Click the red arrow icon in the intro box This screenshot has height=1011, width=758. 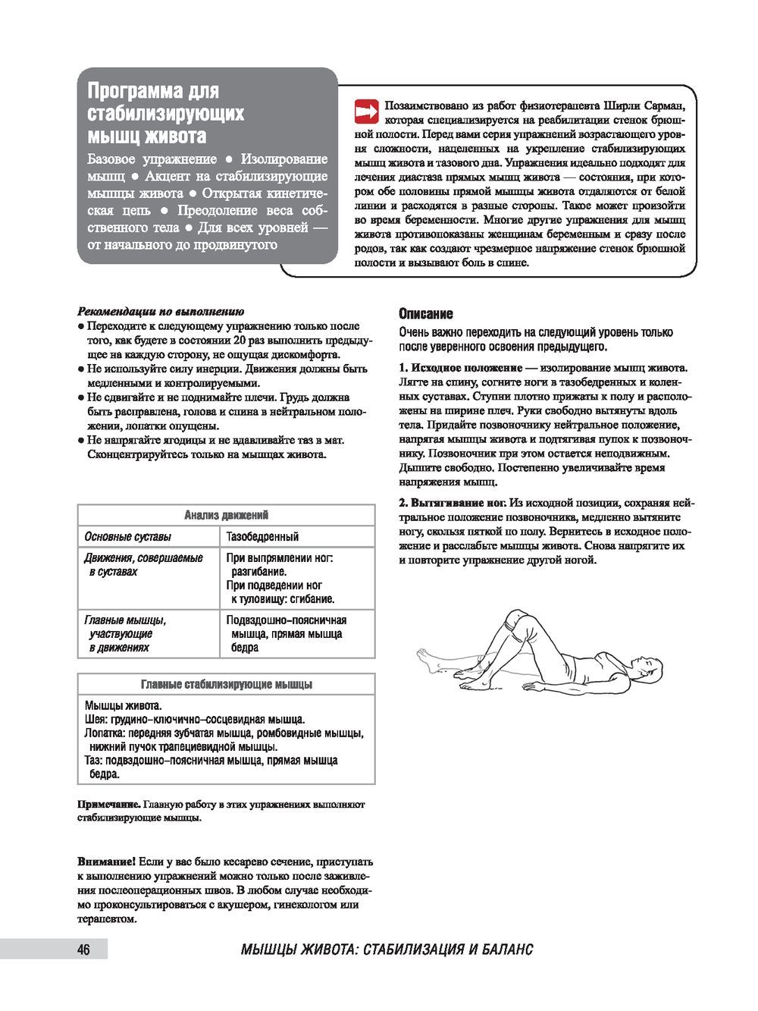pos(366,111)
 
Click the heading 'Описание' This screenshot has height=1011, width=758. pos(425,313)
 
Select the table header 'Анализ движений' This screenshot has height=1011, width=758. pos(226,516)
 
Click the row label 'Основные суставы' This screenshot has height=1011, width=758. pos(127,536)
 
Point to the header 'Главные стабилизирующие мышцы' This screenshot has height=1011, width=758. pos(226,684)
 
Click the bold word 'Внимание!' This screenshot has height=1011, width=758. pos(106,862)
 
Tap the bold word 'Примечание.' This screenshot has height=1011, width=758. pos(108,804)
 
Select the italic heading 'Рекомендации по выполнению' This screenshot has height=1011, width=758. pos(160,311)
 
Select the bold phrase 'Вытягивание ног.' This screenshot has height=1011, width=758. pos(458,502)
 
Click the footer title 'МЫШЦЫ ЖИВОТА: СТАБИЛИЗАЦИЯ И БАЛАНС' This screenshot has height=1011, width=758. pos(387,950)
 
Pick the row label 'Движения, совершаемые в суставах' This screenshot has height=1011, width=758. pos(143,565)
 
